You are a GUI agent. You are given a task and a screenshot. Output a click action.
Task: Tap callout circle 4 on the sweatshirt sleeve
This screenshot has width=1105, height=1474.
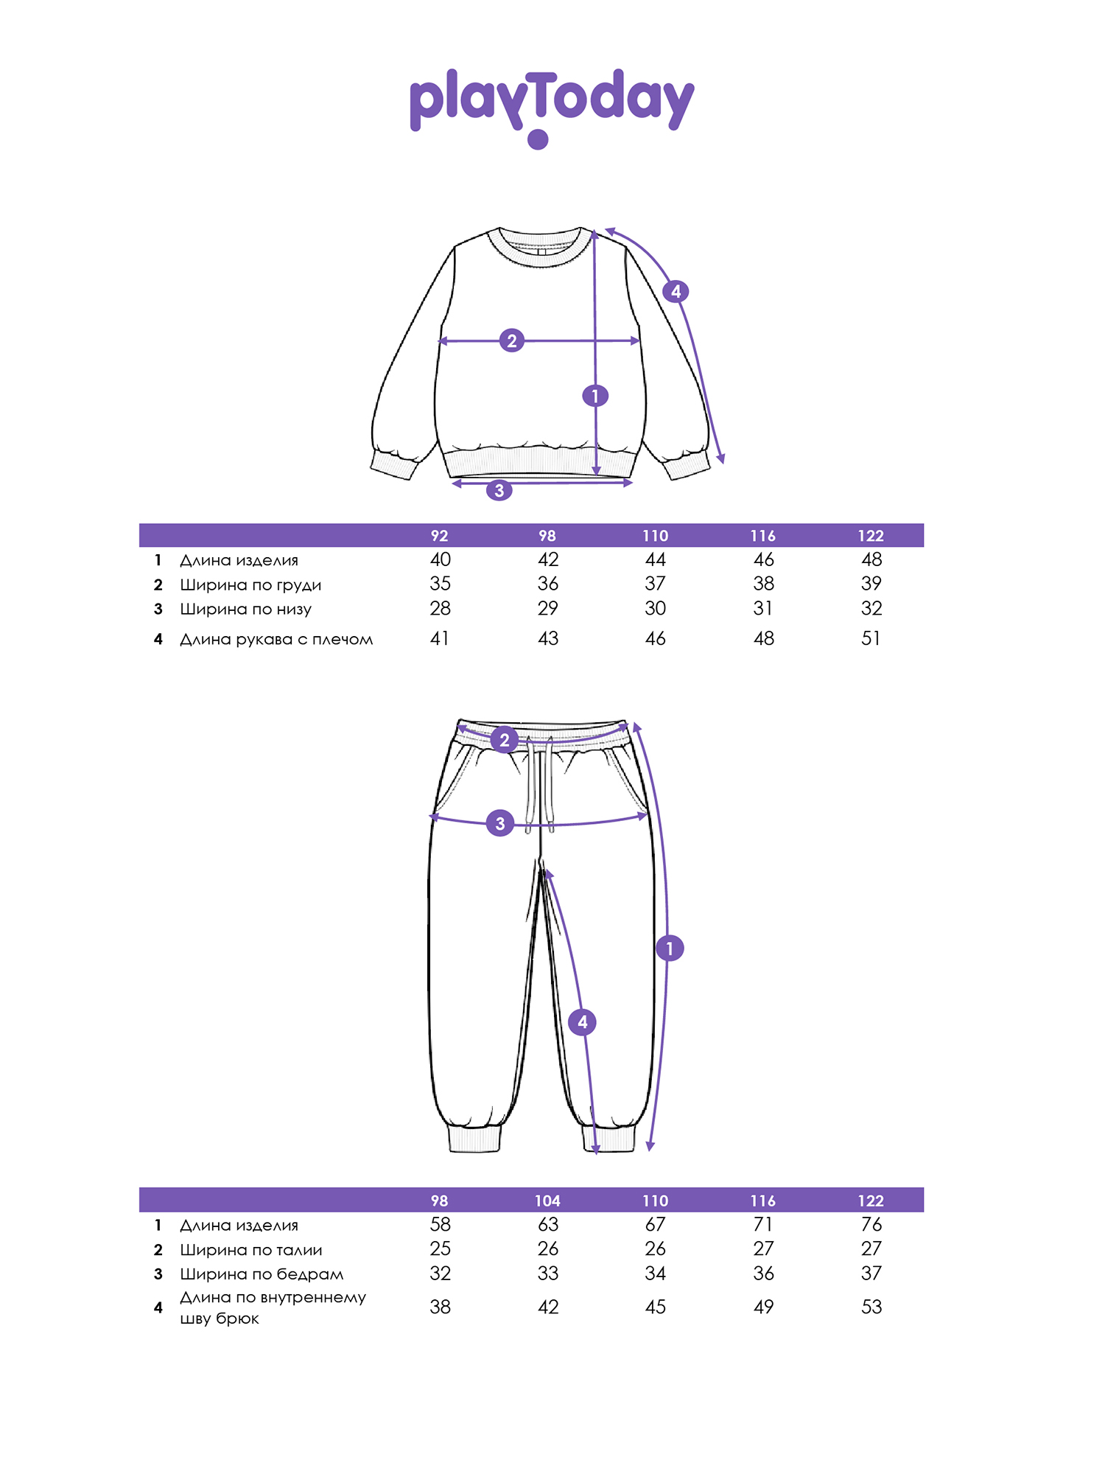point(676,291)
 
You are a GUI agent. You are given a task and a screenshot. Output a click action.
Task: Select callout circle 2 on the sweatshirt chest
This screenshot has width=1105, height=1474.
point(512,340)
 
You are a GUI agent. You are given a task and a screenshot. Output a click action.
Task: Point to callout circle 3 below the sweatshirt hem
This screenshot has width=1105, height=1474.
point(499,490)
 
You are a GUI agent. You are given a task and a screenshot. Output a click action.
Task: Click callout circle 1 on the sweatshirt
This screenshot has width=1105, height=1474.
point(595,396)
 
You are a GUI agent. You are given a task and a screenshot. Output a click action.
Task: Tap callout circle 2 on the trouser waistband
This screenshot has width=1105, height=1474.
point(505,739)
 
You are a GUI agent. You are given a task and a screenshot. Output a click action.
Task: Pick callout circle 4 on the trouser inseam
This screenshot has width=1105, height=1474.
point(583,1021)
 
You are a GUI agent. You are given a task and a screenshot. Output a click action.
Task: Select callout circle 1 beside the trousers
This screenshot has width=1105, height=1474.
point(670,948)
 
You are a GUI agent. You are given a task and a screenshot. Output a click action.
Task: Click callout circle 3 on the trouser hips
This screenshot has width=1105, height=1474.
point(500,823)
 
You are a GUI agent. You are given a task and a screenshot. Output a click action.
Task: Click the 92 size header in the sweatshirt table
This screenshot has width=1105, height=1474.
point(439,536)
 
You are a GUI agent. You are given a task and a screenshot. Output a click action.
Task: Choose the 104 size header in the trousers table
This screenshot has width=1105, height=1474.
point(547,1201)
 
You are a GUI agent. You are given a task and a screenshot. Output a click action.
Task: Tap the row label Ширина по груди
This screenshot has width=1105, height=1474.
point(250,585)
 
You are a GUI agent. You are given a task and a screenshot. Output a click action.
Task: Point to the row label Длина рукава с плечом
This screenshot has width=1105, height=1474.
point(276,639)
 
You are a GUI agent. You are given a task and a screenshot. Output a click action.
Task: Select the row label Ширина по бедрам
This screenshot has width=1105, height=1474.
point(262,1274)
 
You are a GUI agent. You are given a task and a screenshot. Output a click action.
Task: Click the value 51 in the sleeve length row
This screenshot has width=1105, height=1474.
point(871,638)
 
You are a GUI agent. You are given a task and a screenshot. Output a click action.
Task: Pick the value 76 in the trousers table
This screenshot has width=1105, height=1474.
point(871,1224)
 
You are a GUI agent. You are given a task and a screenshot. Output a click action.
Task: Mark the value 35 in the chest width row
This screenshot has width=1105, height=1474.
point(441,584)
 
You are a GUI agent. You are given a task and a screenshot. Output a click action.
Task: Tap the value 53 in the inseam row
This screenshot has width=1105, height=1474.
point(871,1307)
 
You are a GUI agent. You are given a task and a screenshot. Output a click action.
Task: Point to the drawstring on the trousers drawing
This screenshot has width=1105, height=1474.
point(539,785)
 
